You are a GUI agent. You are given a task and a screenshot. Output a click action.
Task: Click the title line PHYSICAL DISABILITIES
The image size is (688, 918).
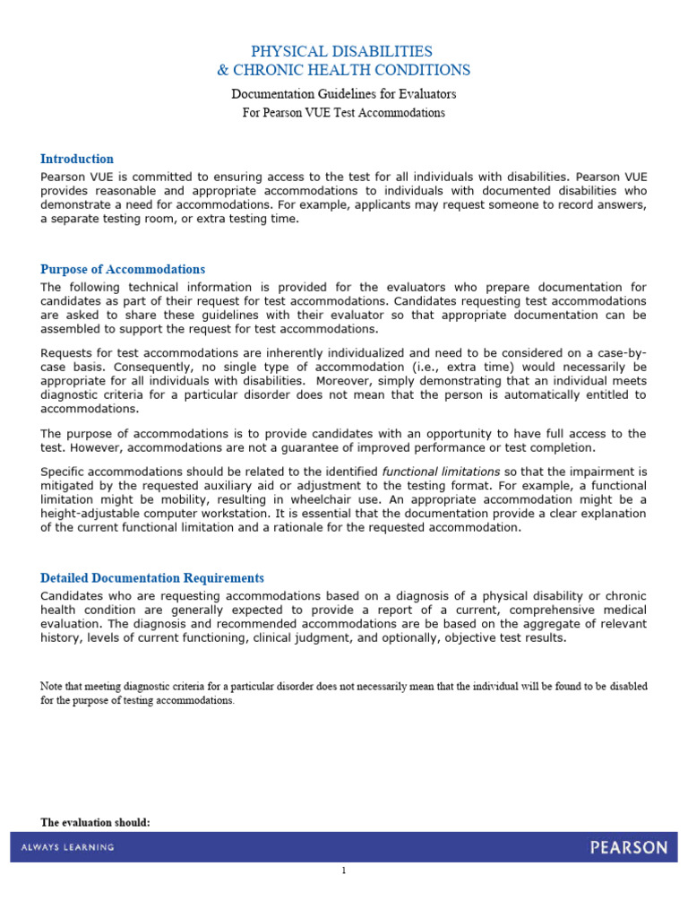coord(344,51)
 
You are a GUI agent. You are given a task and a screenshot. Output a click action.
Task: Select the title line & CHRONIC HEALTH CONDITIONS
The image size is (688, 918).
coord(344,71)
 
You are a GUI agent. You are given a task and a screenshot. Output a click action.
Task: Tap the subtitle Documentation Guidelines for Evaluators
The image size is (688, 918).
coord(344,94)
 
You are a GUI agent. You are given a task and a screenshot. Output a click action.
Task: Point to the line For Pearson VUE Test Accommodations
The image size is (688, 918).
coord(344,113)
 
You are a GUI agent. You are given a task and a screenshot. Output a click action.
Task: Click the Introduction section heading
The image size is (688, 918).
coord(77,159)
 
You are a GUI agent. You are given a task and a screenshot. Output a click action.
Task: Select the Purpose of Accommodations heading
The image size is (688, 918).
coord(123,269)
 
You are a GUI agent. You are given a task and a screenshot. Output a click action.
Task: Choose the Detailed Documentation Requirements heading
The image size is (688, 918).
coord(152,578)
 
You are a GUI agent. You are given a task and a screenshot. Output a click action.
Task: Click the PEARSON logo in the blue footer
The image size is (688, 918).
coord(628,847)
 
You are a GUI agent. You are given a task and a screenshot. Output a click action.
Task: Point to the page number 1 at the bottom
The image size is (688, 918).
coord(344,870)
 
